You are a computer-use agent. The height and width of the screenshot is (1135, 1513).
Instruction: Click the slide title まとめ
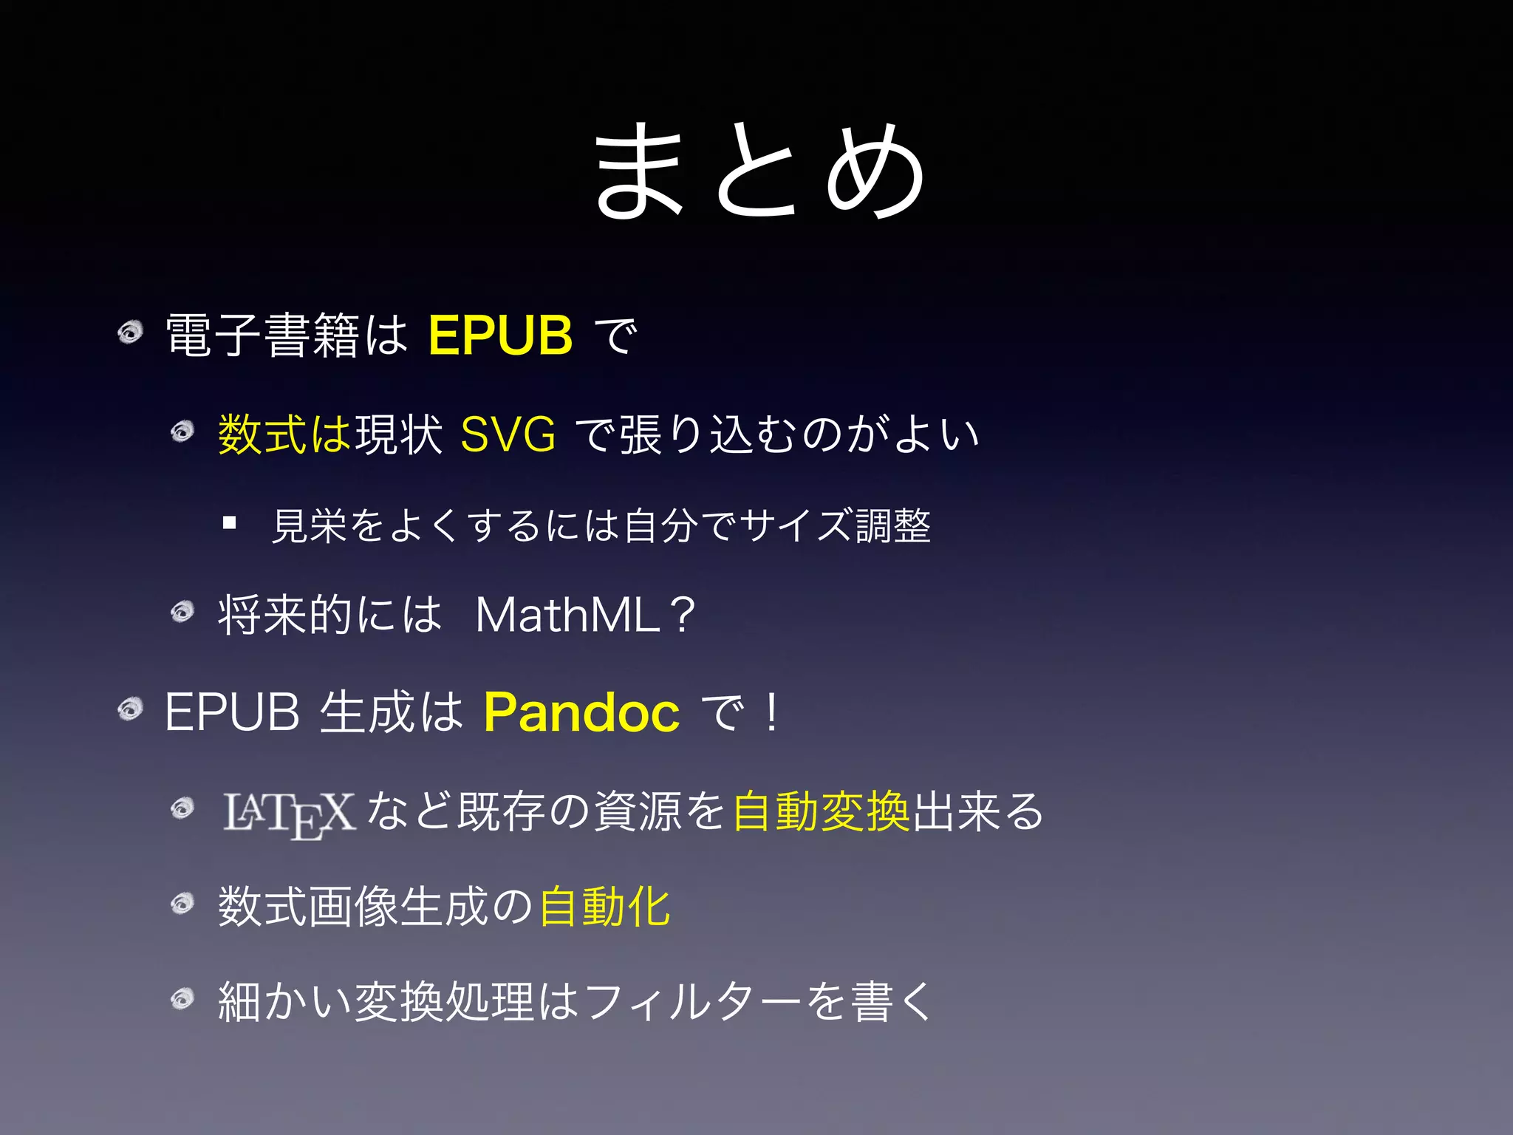(759, 171)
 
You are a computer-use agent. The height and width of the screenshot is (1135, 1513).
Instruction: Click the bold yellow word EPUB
(500, 335)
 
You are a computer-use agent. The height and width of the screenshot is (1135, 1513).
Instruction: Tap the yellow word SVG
(508, 434)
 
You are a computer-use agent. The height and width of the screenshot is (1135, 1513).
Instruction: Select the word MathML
(567, 615)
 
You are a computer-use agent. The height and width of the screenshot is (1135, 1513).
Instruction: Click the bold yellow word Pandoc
(581, 712)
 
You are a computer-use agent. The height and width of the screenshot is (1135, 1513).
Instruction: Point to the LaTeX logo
(289, 814)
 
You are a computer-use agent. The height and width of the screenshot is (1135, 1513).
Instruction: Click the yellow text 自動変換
(822, 811)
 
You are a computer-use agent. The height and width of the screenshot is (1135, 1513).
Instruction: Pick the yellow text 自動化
(604, 907)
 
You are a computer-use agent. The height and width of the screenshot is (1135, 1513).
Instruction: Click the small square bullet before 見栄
(230, 524)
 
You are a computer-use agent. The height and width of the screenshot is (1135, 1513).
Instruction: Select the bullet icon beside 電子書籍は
(130, 333)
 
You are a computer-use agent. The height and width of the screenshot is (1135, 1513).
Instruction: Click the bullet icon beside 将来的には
(182, 611)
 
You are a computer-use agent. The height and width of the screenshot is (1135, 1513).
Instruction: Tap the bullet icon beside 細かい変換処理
(182, 999)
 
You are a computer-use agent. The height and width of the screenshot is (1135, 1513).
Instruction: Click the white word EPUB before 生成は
(232, 712)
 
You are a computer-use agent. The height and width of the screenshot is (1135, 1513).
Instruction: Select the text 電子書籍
(263, 335)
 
